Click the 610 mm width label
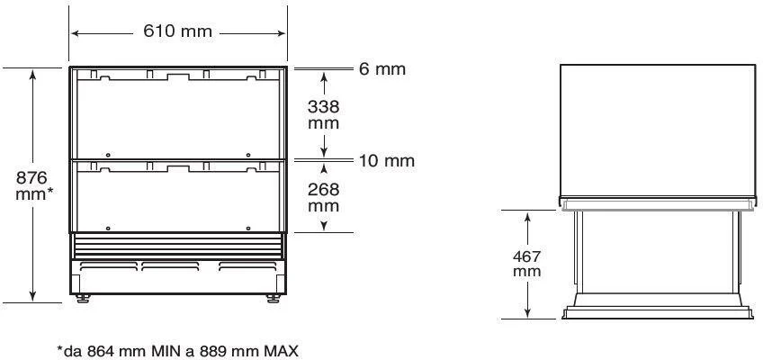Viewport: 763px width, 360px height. click(178, 32)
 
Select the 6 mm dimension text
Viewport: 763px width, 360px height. click(382, 69)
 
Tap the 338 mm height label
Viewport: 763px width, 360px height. click(324, 114)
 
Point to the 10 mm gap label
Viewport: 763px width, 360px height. click(386, 161)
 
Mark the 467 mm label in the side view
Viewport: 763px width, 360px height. click(527, 264)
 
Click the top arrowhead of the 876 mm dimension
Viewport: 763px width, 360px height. click(34, 73)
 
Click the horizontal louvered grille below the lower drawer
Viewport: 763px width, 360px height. click(178, 246)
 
